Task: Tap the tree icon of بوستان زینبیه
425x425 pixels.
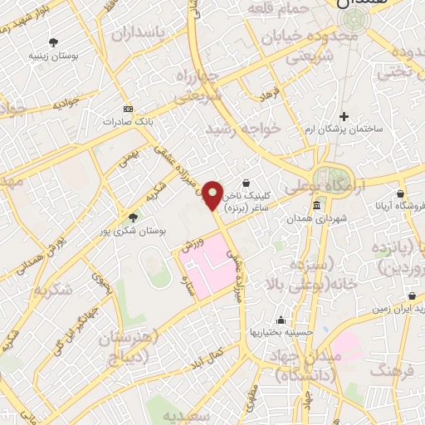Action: (55, 42)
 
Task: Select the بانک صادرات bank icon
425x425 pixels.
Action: (128, 109)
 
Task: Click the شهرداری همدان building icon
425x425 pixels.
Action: (316, 205)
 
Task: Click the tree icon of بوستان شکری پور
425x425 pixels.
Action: (133, 217)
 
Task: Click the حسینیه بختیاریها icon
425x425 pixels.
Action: (281, 320)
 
